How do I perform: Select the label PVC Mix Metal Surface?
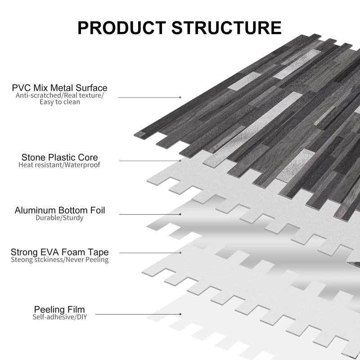[60, 87]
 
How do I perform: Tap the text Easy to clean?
[59, 102]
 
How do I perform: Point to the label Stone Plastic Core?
[59, 157]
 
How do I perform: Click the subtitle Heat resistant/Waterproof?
[59, 165]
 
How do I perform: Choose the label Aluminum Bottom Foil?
[60, 210]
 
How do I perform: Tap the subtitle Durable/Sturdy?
[59, 218]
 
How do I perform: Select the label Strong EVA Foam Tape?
[59, 252]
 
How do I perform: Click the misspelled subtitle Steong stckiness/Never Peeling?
[59, 260]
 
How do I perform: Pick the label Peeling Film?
[59, 309]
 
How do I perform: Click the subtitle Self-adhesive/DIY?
[59, 317]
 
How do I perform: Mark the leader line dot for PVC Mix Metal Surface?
[180, 97]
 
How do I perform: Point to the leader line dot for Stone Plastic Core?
[180, 160]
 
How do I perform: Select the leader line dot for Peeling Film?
[180, 314]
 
